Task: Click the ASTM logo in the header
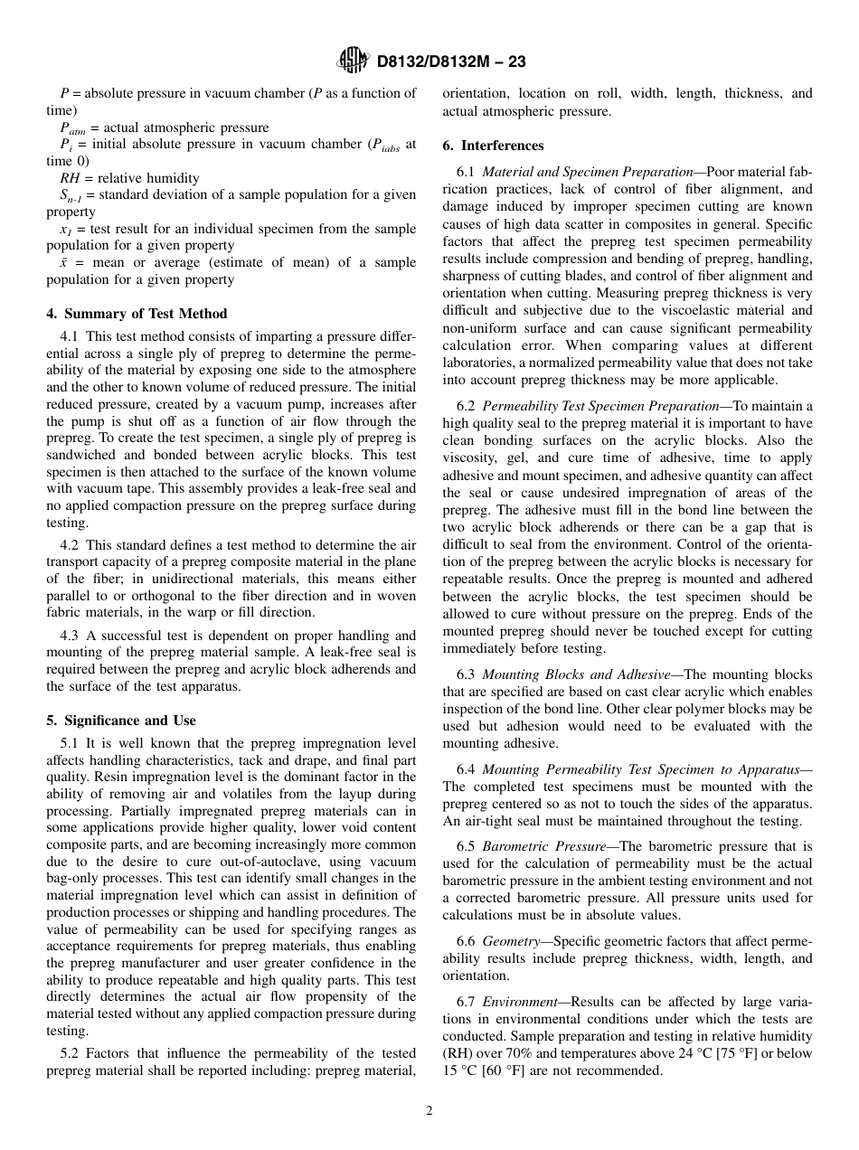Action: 353,61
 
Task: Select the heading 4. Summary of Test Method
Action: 137,314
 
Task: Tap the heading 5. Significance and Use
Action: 121,721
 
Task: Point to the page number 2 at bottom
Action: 429,1111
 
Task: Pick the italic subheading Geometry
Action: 510,941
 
